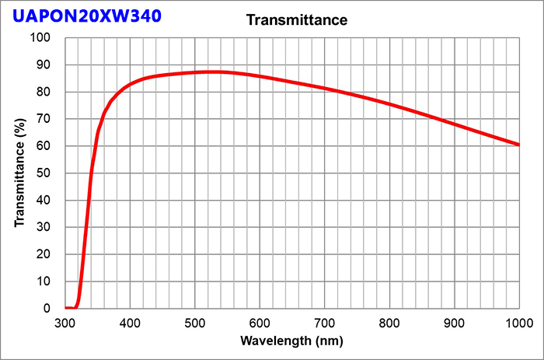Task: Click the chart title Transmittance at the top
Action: pyautogui.click(x=296, y=19)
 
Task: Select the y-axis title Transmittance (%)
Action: pyautogui.click(x=19, y=173)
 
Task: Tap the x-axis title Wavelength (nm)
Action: pyautogui.click(x=291, y=341)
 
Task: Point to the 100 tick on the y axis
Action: pyautogui.click(x=40, y=37)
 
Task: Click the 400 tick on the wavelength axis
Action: pyautogui.click(x=130, y=322)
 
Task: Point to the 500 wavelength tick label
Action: pyautogui.click(x=195, y=322)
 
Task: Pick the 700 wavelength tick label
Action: pyautogui.click(x=325, y=322)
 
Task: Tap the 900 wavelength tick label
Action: pyautogui.click(x=455, y=322)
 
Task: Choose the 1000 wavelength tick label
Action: pyautogui.click(x=518, y=322)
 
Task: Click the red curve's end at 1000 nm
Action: pyautogui.click(x=518, y=145)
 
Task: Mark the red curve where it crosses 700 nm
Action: pyautogui.click(x=325, y=89)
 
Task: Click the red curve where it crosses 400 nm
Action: pyautogui.click(x=130, y=83)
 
